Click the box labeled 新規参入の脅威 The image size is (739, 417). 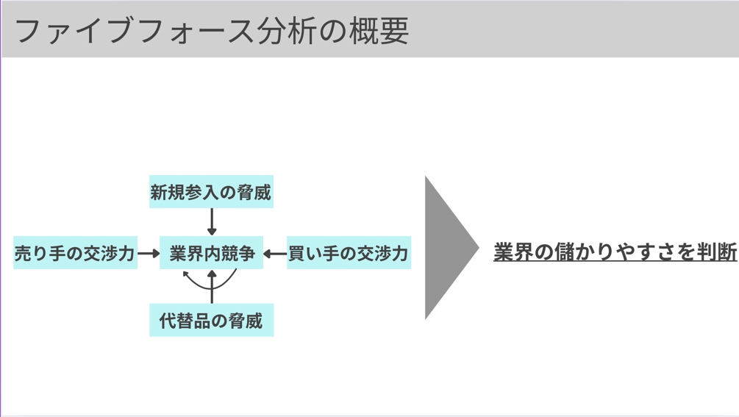click(211, 192)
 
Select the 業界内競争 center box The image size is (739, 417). click(212, 253)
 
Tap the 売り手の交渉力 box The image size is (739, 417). click(75, 253)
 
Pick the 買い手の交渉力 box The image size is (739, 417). click(349, 253)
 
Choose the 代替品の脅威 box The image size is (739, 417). click(211, 321)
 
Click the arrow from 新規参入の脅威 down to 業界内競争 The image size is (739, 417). click(212, 221)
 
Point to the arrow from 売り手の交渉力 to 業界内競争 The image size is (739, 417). click(149, 254)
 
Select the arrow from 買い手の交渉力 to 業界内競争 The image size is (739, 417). click(275, 254)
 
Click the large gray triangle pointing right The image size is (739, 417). click(447, 248)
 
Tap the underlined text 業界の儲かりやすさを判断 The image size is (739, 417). click(615, 252)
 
